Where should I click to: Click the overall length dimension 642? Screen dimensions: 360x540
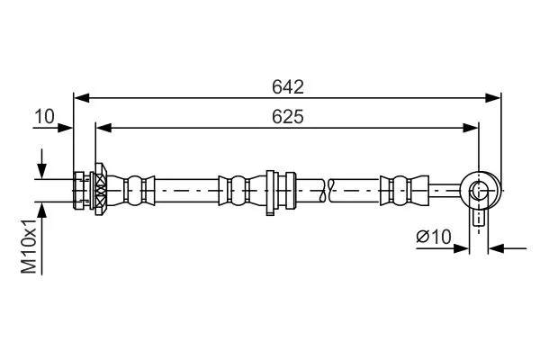pyautogui.click(x=288, y=86)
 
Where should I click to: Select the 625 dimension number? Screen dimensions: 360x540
pyautogui.click(x=288, y=118)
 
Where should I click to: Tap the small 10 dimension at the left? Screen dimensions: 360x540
pyautogui.click(x=44, y=116)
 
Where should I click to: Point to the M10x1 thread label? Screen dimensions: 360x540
pyautogui.click(x=30, y=245)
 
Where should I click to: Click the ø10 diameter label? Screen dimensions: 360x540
pyautogui.click(x=434, y=237)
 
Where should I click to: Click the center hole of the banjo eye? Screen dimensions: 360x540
pyautogui.click(x=478, y=190)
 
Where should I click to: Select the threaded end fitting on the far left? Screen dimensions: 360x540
pyautogui.click(x=81, y=190)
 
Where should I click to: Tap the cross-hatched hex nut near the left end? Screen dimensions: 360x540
pyautogui.click(x=99, y=190)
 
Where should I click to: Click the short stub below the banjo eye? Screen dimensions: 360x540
pyautogui.click(x=479, y=217)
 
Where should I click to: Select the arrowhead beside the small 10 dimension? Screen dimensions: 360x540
pyautogui.click(x=67, y=128)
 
